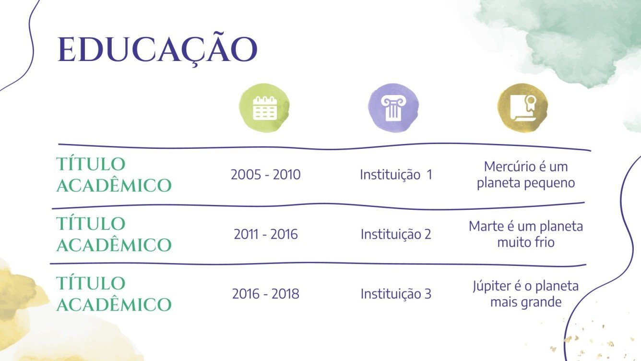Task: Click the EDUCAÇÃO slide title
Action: click(157, 49)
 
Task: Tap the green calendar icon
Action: click(265, 108)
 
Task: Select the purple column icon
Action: click(393, 108)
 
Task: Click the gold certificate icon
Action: click(522, 108)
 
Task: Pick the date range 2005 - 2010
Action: click(265, 175)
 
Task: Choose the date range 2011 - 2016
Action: click(266, 234)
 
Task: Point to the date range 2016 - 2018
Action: click(265, 294)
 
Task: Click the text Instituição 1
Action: click(396, 175)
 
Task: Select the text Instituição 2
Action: click(396, 234)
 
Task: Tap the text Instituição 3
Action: click(396, 294)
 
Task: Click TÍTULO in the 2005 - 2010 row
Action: click(91, 164)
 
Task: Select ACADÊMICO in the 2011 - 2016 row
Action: click(114, 245)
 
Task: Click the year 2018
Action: click(285, 294)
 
